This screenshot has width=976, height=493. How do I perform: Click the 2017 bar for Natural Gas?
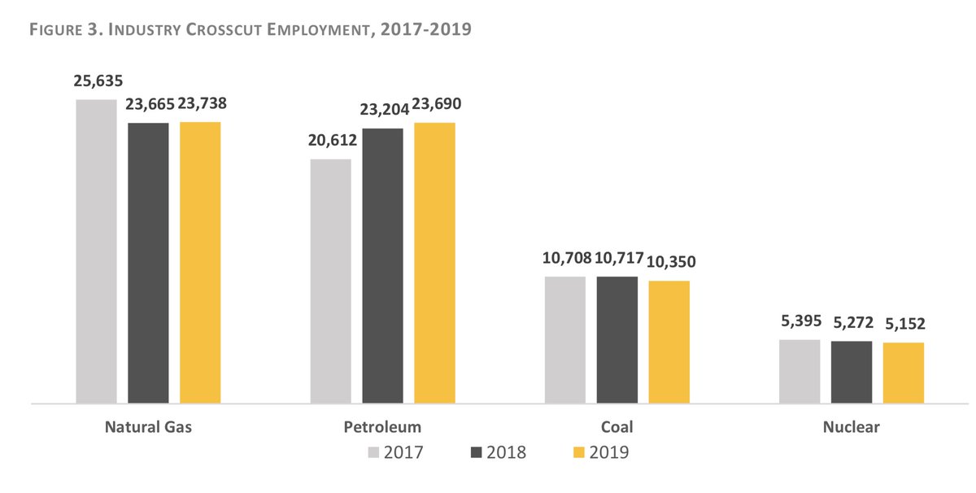point(97,251)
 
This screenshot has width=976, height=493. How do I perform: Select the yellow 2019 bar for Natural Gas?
point(200,262)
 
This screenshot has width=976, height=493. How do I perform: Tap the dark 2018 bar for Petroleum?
point(383,265)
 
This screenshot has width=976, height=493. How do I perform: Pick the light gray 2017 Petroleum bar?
point(331,281)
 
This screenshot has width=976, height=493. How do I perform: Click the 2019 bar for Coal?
point(669,342)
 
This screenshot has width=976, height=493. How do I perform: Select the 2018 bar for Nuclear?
point(852,372)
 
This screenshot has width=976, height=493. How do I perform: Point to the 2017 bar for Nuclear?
point(800,371)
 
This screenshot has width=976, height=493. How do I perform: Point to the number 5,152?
point(904,325)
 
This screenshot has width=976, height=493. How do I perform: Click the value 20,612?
point(331,141)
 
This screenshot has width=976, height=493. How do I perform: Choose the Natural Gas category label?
point(148,427)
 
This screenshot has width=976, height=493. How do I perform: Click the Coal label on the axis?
point(617,427)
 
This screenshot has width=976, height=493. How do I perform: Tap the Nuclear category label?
point(851,427)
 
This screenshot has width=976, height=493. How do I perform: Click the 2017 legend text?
point(403,452)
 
